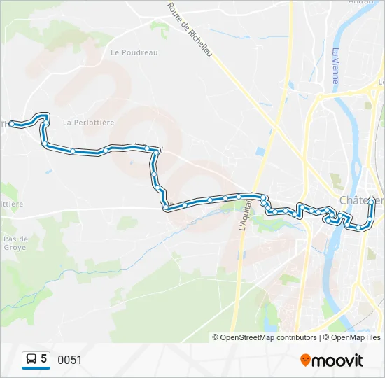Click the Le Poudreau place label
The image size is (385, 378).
tap(134, 52)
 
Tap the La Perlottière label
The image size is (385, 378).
tap(88, 122)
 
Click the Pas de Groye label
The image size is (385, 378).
tap(14, 243)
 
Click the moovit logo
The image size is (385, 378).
tap(332, 360)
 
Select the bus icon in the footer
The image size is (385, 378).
tap(31, 359)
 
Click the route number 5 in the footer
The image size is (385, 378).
tap(44, 359)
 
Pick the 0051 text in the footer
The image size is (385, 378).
tap(69, 360)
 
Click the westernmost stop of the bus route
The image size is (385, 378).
tap(12, 124)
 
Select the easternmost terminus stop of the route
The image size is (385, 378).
tap(371, 201)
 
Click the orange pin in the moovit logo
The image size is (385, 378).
tap(306, 360)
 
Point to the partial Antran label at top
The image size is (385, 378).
tap(360, 2)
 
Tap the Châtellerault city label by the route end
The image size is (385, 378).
tap(361, 200)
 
